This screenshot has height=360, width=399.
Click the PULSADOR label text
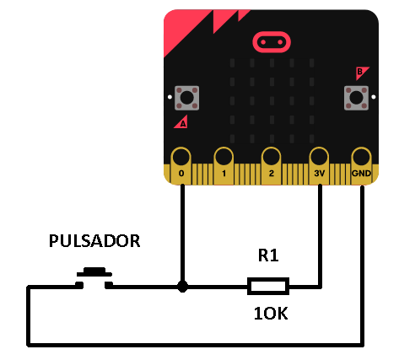tap(94, 241)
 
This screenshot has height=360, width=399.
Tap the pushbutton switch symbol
tap(94, 278)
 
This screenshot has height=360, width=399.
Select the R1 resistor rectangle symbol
tap(268, 287)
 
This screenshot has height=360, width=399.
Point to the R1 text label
tap(268, 255)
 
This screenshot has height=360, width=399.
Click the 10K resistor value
tap(271, 314)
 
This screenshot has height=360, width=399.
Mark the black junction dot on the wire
tap(182, 287)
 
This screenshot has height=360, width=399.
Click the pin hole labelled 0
tap(181, 157)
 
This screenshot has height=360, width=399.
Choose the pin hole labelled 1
tap(224, 157)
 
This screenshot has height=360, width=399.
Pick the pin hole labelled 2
tap(271, 157)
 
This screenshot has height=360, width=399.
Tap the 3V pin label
tap(319, 173)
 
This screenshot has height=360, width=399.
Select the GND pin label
tap(361, 173)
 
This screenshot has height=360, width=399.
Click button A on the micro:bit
tap(186, 98)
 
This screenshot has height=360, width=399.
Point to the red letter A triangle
tap(181, 122)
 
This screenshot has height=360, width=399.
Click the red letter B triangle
tap(361, 73)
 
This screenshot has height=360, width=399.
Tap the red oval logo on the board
tap(272, 42)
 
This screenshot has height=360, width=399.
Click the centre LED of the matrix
tap(272, 100)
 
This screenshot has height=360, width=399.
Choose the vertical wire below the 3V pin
tap(320, 235)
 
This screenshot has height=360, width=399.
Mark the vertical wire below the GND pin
tap(362, 266)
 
